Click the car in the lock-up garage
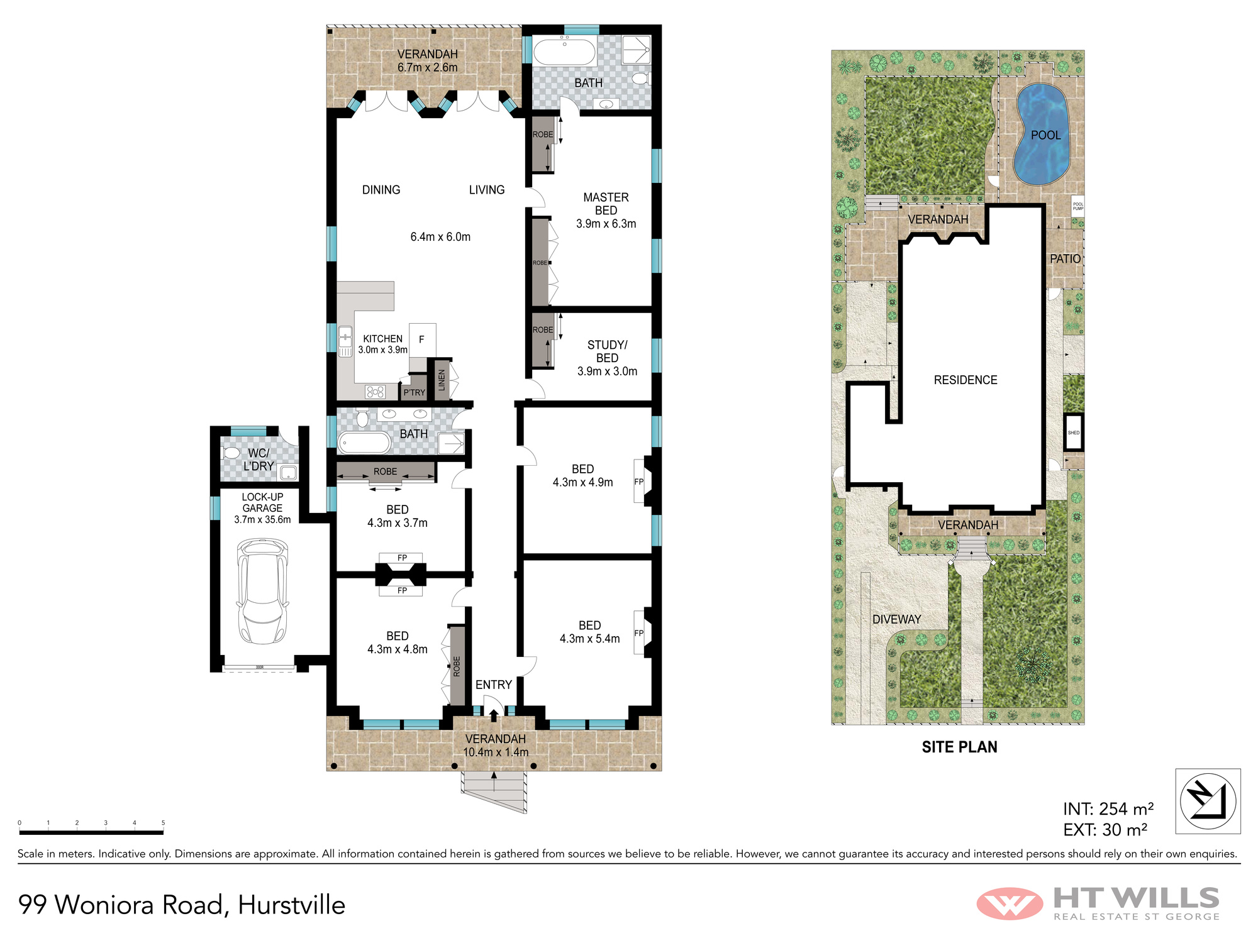pos(262,591)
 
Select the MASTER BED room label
pos(606,204)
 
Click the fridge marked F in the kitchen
pos(422,340)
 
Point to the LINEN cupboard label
pos(442,380)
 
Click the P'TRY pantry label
pos(414,392)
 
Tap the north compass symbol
pos(1208,801)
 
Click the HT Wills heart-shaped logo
pos(1010,903)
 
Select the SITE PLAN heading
pos(959,747)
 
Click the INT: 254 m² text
pos(1108,808)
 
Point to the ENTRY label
pos(493,685)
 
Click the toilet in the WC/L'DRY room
pos(231,453)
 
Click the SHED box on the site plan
pos(1074,433)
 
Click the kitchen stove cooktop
pos(376,392)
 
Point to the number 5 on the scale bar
pos(163,823)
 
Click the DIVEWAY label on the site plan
pos(896,619)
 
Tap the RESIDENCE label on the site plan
pos(966,380)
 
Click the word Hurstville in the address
pos(292,905)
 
